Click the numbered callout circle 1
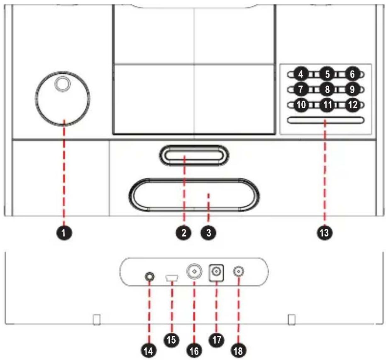(64, 233)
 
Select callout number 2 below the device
(184, 233)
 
